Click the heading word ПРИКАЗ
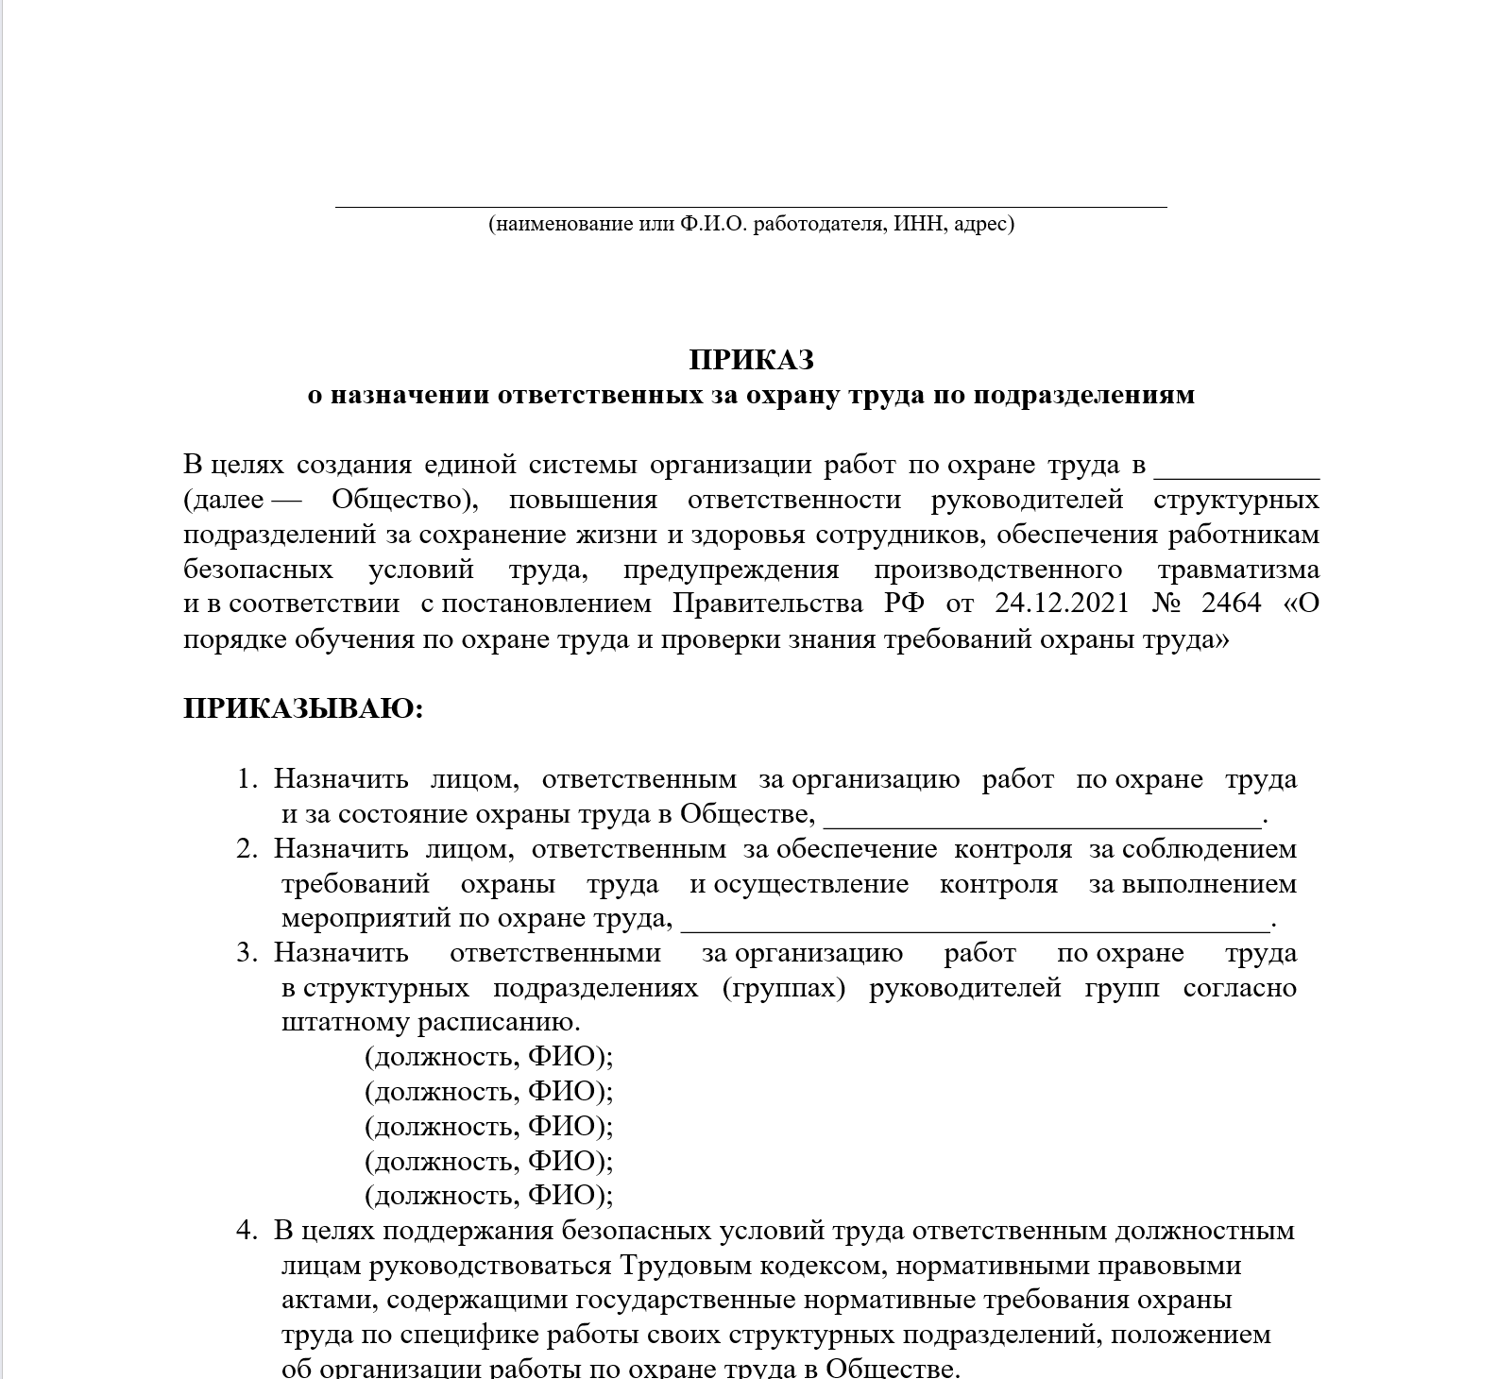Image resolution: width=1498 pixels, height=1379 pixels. pyautogui.click(x=751, y=361)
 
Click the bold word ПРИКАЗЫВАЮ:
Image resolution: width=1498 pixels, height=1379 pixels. pyautogui.click(x=303, y=709)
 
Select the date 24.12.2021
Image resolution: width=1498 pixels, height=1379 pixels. pyautogui.click(x=1062, y=604)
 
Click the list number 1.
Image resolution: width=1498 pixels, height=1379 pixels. pyautogui.click(x=247, y=780)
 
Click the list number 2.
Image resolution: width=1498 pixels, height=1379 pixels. pyautogui.click(x=247, y=849)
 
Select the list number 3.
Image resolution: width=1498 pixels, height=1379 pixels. pyautogui.click(x=247, y=953)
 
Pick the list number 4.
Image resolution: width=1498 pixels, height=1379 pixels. pyautogui.click(x=247, y=1231)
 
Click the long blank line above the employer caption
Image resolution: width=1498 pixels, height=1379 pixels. pyautogui.click(x=751, y=204)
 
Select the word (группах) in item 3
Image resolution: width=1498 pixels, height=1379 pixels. pyautogui.click(x=784, y=989)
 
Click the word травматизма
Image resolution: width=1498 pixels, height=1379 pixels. pyautogui.click(x=1238, y=570)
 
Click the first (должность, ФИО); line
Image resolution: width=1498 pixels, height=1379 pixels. pyautogui.click(x=488, y=1057)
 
